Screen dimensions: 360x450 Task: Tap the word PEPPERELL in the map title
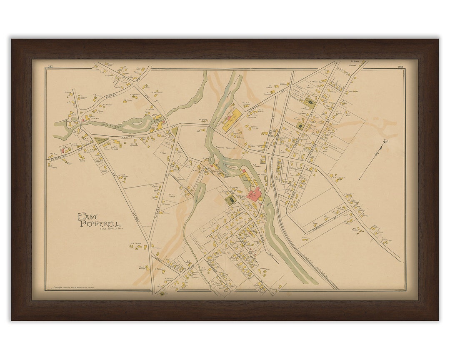100,224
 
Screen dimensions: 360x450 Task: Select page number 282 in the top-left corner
50,67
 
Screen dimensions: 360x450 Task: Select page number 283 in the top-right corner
400,67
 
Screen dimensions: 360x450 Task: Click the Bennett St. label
329,217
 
